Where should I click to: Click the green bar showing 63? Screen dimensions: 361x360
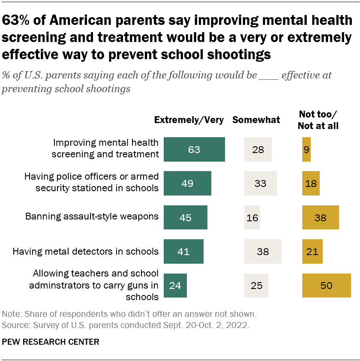point(194,149)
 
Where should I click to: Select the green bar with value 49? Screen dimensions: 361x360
point(187,183)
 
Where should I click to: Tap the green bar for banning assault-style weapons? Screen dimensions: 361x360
point(186,217)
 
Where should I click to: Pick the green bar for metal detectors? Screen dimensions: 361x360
point(183,251)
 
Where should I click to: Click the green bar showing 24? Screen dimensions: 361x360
point(175,285)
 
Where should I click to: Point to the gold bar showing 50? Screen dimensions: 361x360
point(326,285)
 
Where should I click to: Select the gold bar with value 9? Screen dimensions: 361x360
point(306,149)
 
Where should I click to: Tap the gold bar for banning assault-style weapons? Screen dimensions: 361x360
point(320,217)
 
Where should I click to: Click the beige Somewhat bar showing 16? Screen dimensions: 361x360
point(252,217)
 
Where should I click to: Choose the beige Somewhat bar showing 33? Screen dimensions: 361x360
point(260,183)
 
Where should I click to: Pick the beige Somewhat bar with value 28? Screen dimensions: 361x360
point(258,149)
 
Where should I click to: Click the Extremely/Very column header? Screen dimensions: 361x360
point(189,120)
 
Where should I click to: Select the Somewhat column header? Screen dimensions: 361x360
point(256,120)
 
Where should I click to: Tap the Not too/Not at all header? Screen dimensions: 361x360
point(318,120)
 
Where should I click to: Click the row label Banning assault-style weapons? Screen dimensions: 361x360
point(92,216)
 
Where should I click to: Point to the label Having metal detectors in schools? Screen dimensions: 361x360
point(86,251)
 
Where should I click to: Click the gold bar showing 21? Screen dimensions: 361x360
point(312,251)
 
